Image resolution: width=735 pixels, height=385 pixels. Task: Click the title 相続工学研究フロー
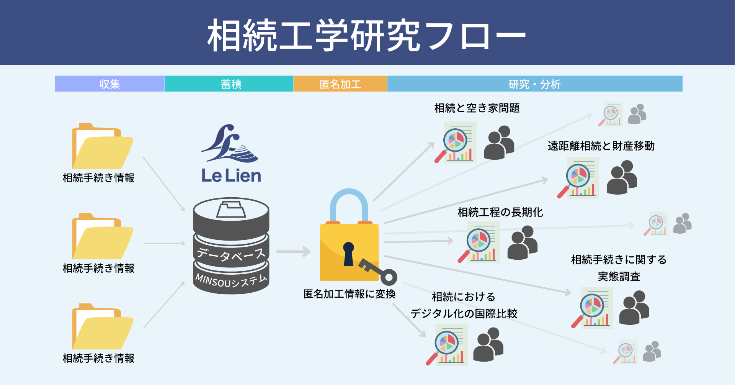367,35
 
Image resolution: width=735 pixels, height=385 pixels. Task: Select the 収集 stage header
109,84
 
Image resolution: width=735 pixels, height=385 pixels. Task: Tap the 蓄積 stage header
231,84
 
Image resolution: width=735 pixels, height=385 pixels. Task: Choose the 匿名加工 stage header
340,84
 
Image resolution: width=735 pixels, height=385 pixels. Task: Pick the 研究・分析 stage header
534,84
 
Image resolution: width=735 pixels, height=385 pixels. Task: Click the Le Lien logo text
231,176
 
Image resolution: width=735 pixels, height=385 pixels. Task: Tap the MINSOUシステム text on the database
231,281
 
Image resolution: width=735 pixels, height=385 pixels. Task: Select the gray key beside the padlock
379,272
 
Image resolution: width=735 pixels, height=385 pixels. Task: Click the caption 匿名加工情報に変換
349,294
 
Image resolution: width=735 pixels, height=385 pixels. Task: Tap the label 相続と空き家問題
477,108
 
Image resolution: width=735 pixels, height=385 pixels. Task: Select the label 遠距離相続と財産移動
601,146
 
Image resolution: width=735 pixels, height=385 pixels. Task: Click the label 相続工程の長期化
500,212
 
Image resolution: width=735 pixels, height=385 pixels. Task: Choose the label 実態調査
619,277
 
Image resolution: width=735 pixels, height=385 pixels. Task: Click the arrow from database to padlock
293,252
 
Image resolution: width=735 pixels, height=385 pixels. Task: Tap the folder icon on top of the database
231,209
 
